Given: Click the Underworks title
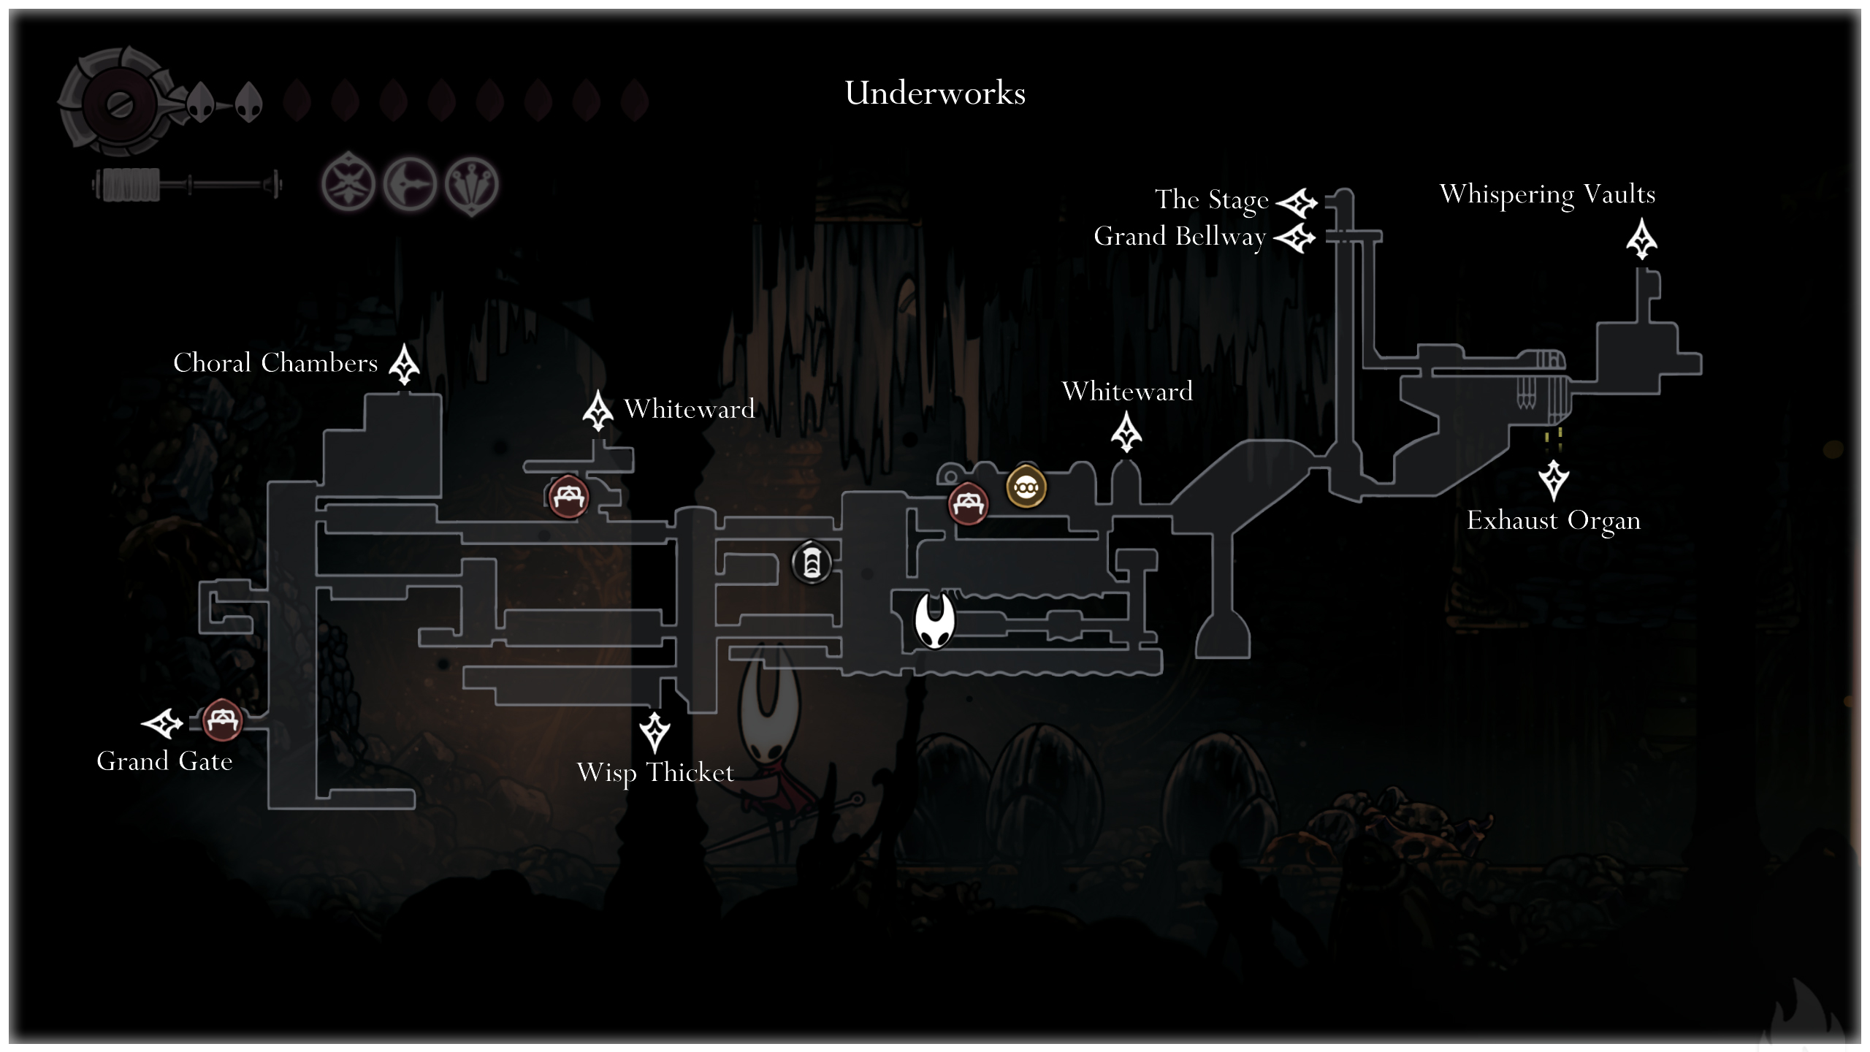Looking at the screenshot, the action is click(935, 94).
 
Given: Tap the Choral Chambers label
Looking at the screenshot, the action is click(275, 362).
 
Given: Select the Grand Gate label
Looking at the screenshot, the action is click(164, 761).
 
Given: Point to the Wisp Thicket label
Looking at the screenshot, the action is click(655, 773).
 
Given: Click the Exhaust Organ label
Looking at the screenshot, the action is click(1554, 521).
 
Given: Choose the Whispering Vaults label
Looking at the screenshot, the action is click(1547, 195).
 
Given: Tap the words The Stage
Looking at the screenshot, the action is click(1211, 199).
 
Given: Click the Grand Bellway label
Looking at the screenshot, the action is click(1179, 237).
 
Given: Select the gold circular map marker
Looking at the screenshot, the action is click(1026, 486).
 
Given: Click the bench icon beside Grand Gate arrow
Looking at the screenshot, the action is click(221, 720).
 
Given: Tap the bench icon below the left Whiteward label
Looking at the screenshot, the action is click(568, 497).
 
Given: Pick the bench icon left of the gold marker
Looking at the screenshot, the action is click(968, 503).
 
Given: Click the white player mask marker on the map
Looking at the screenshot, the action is click(934, 620).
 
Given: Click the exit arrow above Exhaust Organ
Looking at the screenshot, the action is click(1553, 479).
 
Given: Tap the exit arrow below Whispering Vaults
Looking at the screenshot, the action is click(1641, 240).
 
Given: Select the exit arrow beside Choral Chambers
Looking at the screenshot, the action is click(404, 365).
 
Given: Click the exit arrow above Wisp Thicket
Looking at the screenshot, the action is click(654, 732).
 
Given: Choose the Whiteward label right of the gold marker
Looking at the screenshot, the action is click(1127, 392).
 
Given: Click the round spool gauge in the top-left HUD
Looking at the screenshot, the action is click(117, 103).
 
